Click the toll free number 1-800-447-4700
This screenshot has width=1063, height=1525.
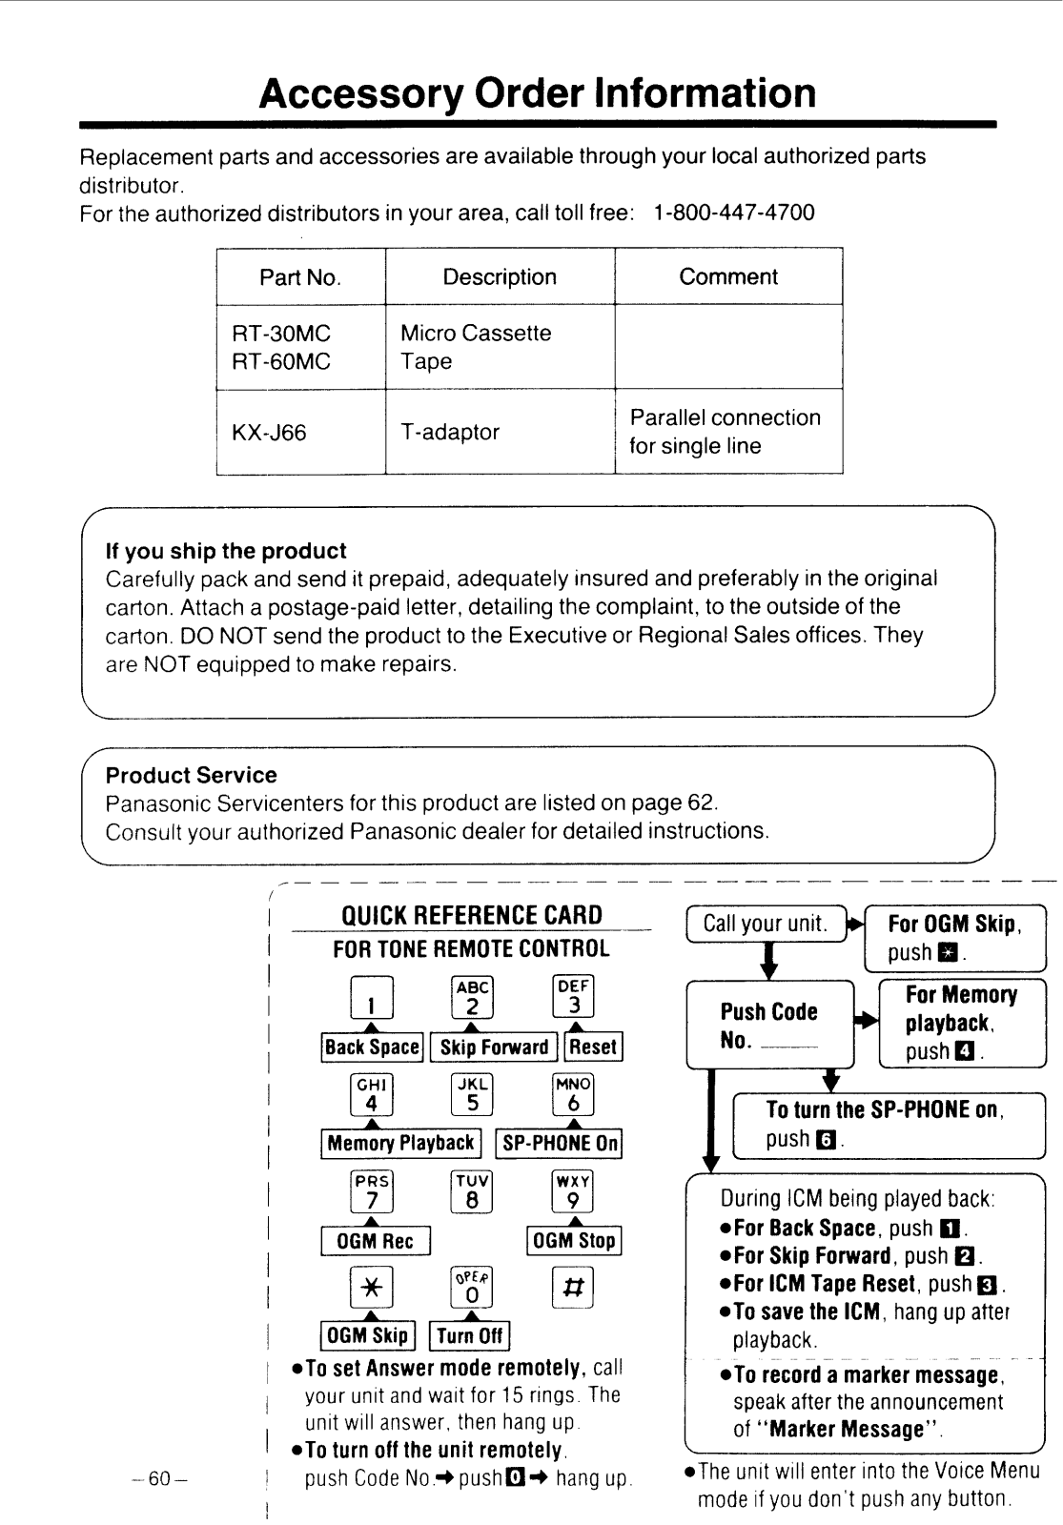733,213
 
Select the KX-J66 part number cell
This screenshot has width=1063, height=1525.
301,432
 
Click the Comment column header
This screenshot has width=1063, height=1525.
728,276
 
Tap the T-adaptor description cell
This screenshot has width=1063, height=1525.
501,432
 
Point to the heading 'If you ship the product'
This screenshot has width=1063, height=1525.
226,550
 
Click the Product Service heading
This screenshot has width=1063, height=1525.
192,775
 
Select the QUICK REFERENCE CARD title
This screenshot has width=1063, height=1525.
472,915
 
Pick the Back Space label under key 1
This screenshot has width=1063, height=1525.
372,1047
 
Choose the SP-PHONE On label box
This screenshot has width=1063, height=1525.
559,1143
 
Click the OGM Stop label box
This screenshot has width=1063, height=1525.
574,1240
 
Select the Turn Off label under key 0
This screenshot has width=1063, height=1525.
470,1335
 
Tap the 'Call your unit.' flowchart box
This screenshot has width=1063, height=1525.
767,924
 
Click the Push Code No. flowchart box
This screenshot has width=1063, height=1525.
769,1025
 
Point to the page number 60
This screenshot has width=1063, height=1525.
159,1478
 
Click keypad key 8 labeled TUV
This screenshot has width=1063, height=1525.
472,1191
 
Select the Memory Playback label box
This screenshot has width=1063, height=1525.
401,1143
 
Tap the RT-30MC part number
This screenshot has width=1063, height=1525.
281,334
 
